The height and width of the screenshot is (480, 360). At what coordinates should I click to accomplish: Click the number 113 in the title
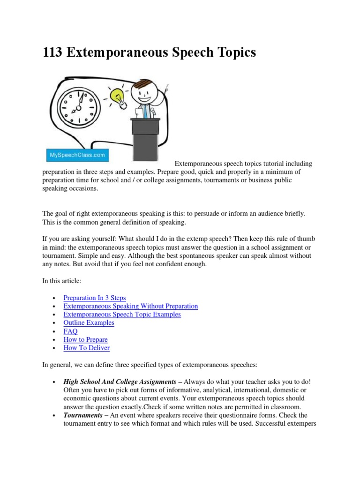click(53, 52)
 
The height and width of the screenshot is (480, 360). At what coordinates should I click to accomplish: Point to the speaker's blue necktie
click(147, 111)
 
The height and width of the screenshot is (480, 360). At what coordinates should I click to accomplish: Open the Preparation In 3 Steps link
click(94, 298)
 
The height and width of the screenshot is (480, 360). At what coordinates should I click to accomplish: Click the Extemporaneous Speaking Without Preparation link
click(130, 306)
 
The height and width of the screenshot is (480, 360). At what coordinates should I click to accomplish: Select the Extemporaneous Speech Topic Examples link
click(122, 315)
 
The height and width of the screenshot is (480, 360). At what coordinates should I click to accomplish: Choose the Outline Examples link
click(89, 323)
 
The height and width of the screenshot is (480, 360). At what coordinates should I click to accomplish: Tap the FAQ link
click(70, 331)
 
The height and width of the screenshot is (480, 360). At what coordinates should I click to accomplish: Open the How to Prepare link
click(85, 340)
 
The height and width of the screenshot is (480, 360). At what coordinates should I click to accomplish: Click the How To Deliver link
click(86, 348)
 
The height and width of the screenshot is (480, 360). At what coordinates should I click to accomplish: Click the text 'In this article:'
click(62, 281)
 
